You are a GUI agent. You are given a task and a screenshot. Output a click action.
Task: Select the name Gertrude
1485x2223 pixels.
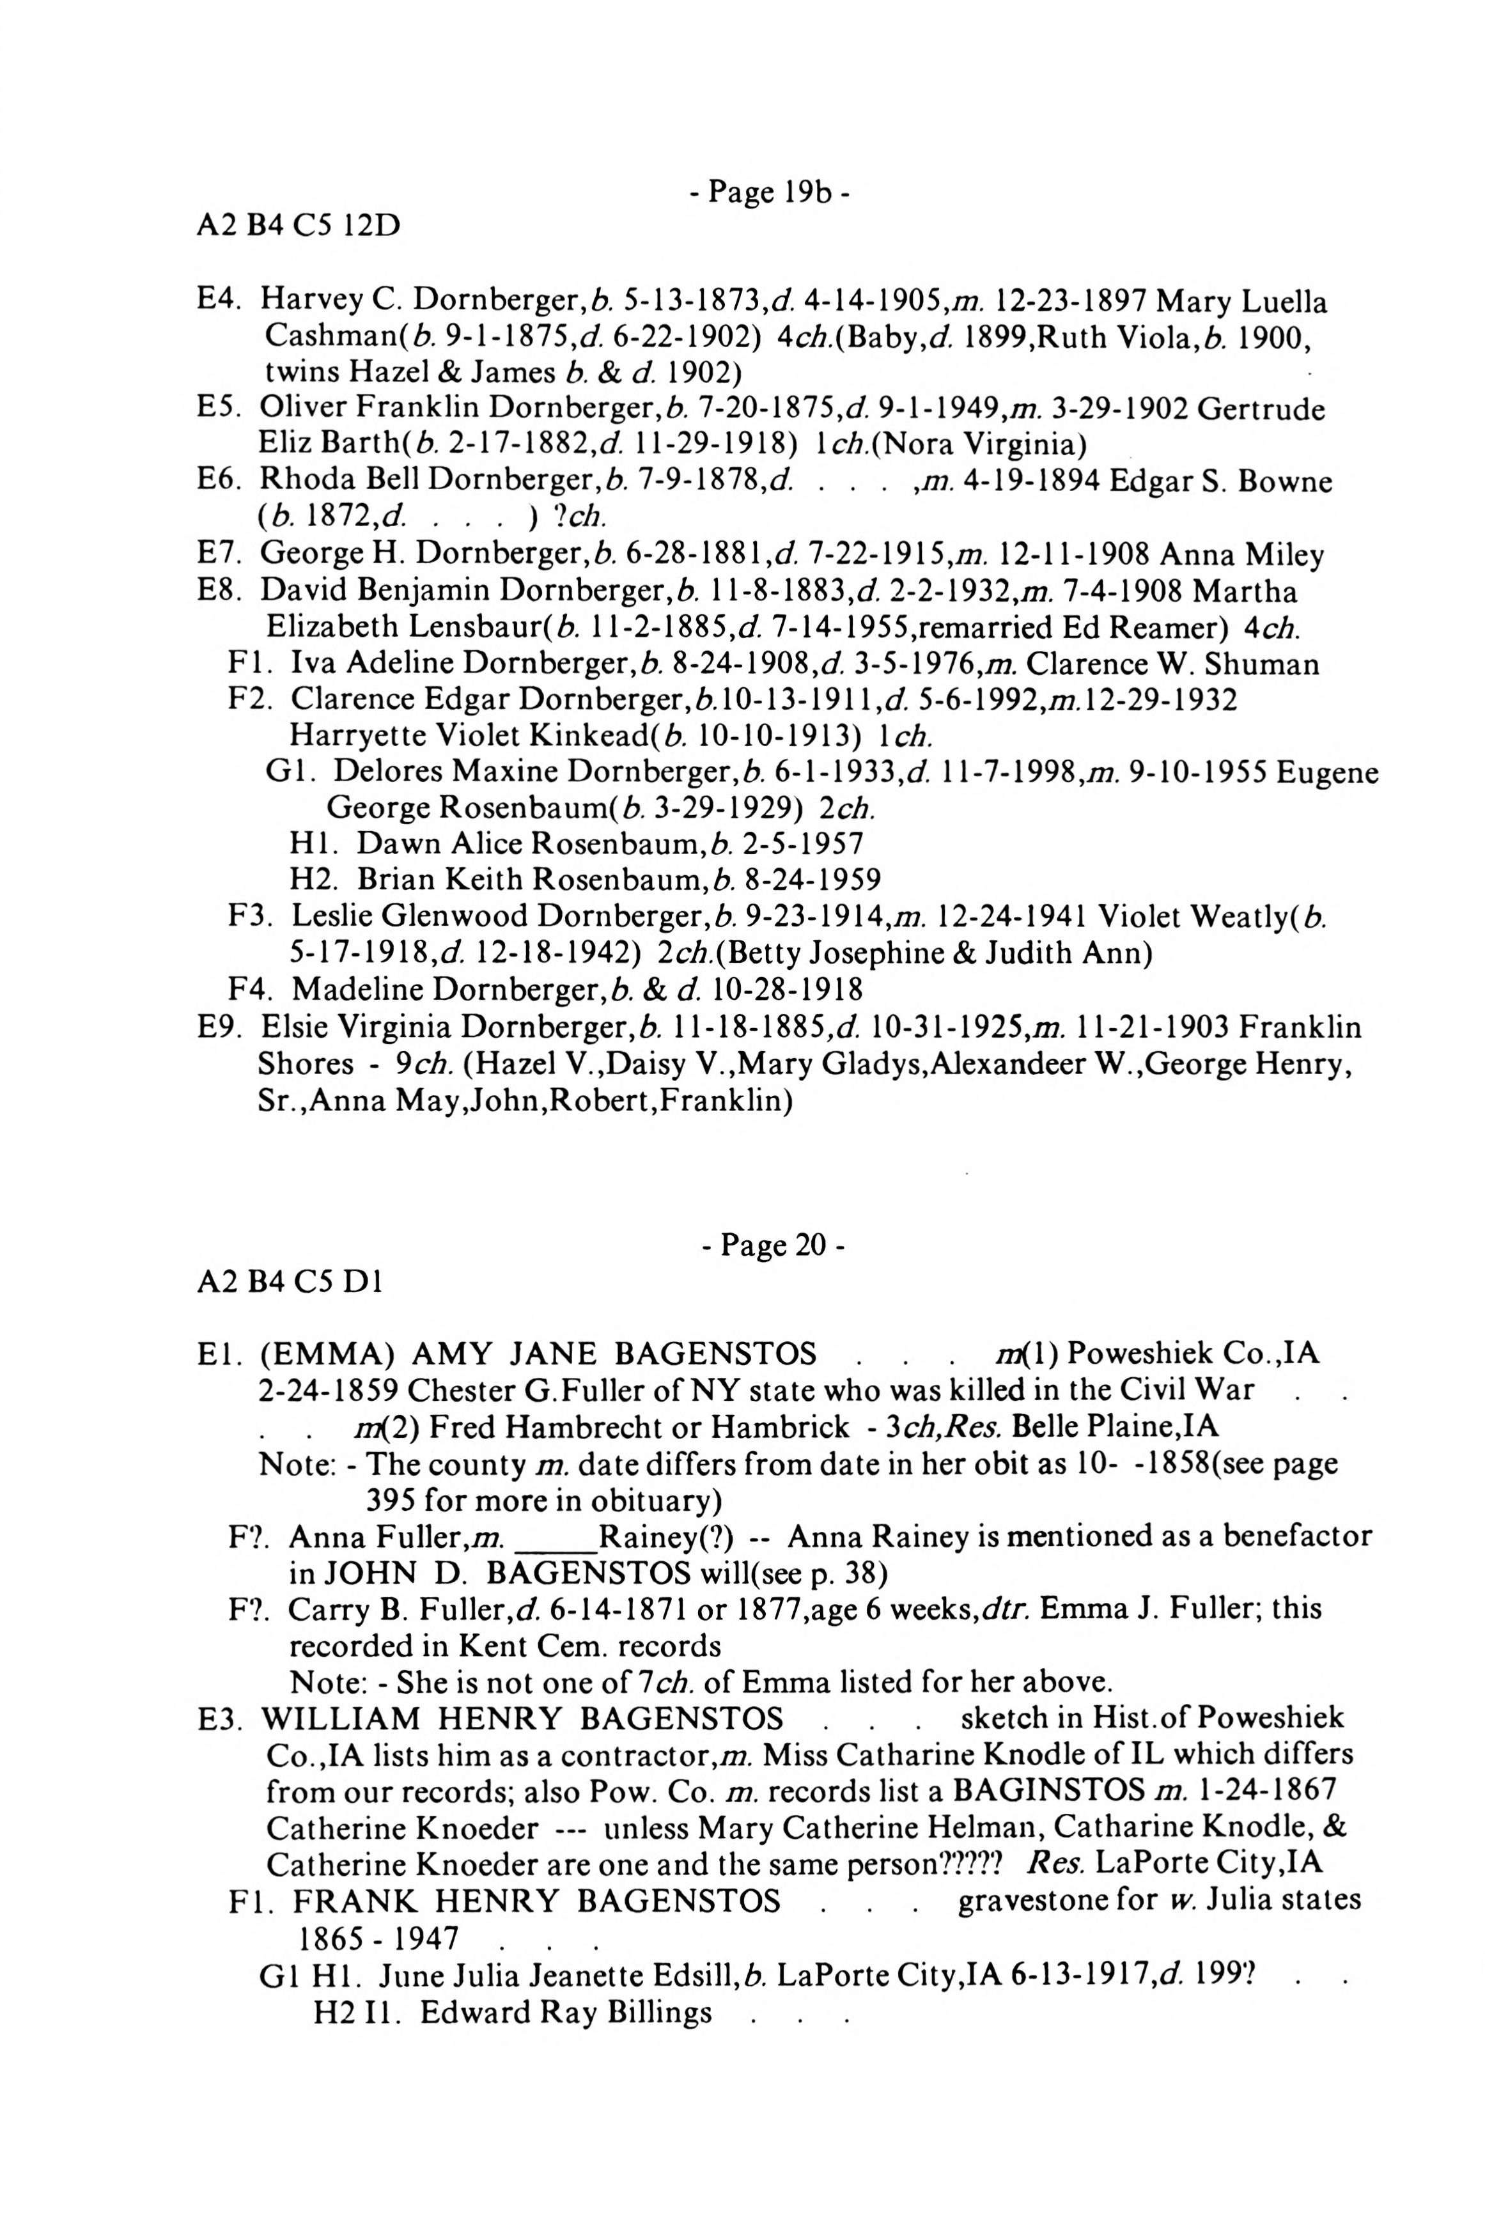coord(1261,409)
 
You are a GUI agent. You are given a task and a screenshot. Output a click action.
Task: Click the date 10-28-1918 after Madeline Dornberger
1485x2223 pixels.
coord(788,990)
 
